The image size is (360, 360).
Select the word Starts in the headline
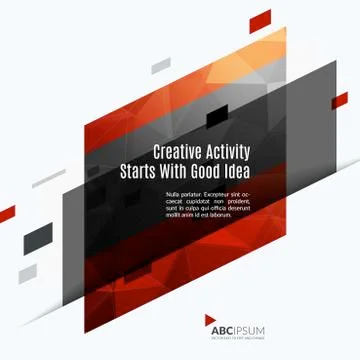tap(139, 172)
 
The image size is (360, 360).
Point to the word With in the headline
tap(179, 172)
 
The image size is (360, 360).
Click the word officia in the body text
tap(222, 207)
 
